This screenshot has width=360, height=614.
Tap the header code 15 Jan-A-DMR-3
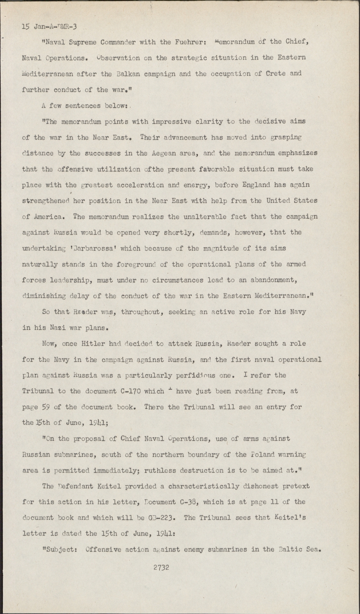click(x=49, y=27)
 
